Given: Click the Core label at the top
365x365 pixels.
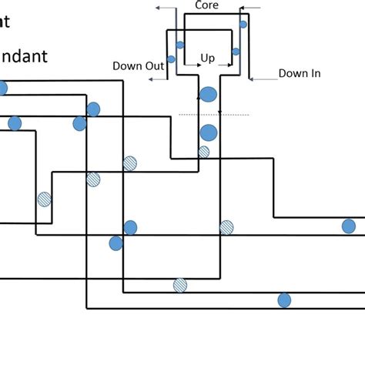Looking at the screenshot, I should (x=206, y=5).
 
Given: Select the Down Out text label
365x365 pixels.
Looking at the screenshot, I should (x=138, y=66).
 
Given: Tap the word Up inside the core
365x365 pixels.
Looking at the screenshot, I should (x=207, y=58).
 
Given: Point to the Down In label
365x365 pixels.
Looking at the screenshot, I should (x=300, y=74).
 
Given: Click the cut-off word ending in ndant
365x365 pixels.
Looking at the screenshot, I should (x=24, y=56).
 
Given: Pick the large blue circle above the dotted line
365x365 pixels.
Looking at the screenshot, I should (x=208, y=95).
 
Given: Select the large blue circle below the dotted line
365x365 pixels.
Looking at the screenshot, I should (x=208, y=132).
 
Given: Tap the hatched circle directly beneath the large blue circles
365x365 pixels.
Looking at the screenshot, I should (x=203, y=152).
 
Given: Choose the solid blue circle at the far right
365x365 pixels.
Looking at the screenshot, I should (x=349, y=226).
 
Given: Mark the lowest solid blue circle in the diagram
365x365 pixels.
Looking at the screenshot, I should (x=284, y=300).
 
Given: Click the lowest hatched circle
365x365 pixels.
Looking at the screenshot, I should (x=180, y=285).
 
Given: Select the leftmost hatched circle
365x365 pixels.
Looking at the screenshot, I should (x=45, y=199).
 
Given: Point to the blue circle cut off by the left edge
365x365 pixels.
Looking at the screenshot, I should (x=2, y=89).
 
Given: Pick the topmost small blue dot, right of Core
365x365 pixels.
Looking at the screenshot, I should (x=243, y=25).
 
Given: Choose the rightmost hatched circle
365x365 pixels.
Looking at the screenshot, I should (x=226, y=227).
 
